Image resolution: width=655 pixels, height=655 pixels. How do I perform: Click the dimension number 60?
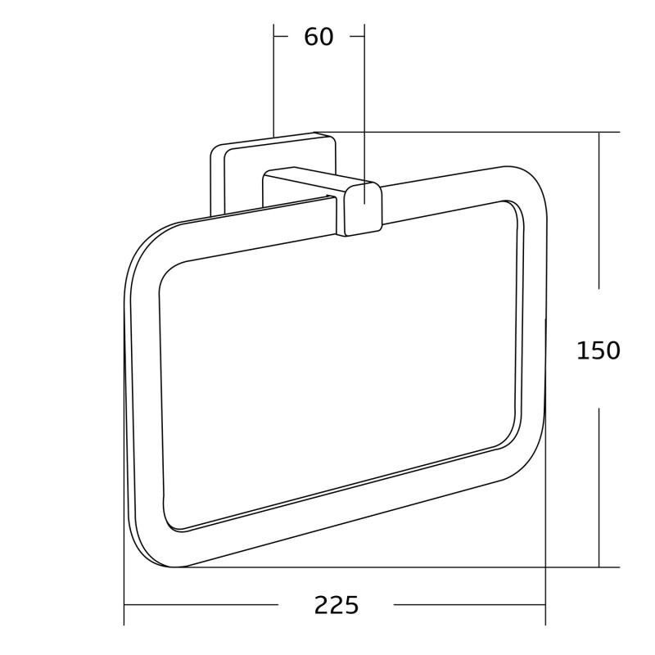pyautogui.click(x=318, y=37)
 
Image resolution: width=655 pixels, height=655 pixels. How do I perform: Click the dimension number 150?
pyautogui.click(x=599, y=350)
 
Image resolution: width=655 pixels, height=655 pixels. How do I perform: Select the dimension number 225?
pyautogui.click(x=337, y=605)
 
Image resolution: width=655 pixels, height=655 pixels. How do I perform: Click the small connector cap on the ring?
pyautogui.click(x=363, y=209)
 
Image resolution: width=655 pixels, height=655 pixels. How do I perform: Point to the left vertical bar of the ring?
pyautogui.click(x=143, y=393)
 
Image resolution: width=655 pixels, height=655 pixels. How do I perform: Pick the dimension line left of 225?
pyautogui.click(x=201, y=605)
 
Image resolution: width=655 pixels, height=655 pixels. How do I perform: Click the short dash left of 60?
pyautogui.click(x=281, y=36)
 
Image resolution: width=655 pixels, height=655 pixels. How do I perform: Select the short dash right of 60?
pyautogui.click(x=357, y=36)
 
